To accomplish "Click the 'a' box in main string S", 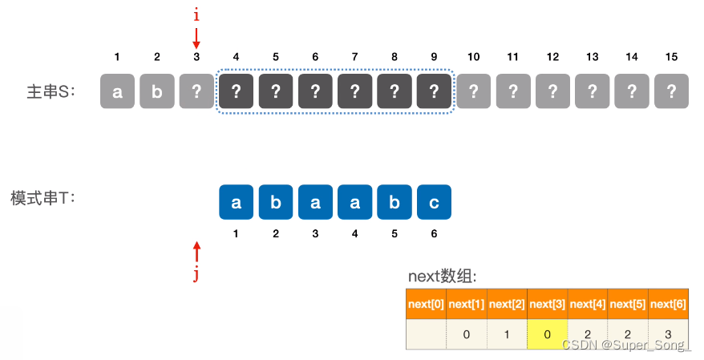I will [x=117, y=91].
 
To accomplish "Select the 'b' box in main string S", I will [x=157, y=91].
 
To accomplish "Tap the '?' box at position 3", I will [x=196, y=91].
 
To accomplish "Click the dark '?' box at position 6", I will [x=315, y=91].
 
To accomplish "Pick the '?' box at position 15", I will [x=672, y=91].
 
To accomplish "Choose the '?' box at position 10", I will [x=474, y=91].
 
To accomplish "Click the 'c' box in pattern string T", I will [x=434, y=202].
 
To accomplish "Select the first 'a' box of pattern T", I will [x=236, y=202].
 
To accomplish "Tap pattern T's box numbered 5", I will [x=394, y=202].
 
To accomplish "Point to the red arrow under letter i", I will [x=196, y=38].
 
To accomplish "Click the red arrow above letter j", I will [x=196, y=251].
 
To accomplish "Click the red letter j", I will [x=196, y=275].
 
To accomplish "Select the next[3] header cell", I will [x=547, y=304].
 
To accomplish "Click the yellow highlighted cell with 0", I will [x=547, y=334].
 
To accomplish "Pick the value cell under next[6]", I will [x=668, y=334].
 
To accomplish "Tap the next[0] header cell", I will [x=426, y=304].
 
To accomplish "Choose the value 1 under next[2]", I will [x=507, y=334].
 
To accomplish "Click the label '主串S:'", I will [x=50, y=91].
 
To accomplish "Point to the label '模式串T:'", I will [x=42, y=197].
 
